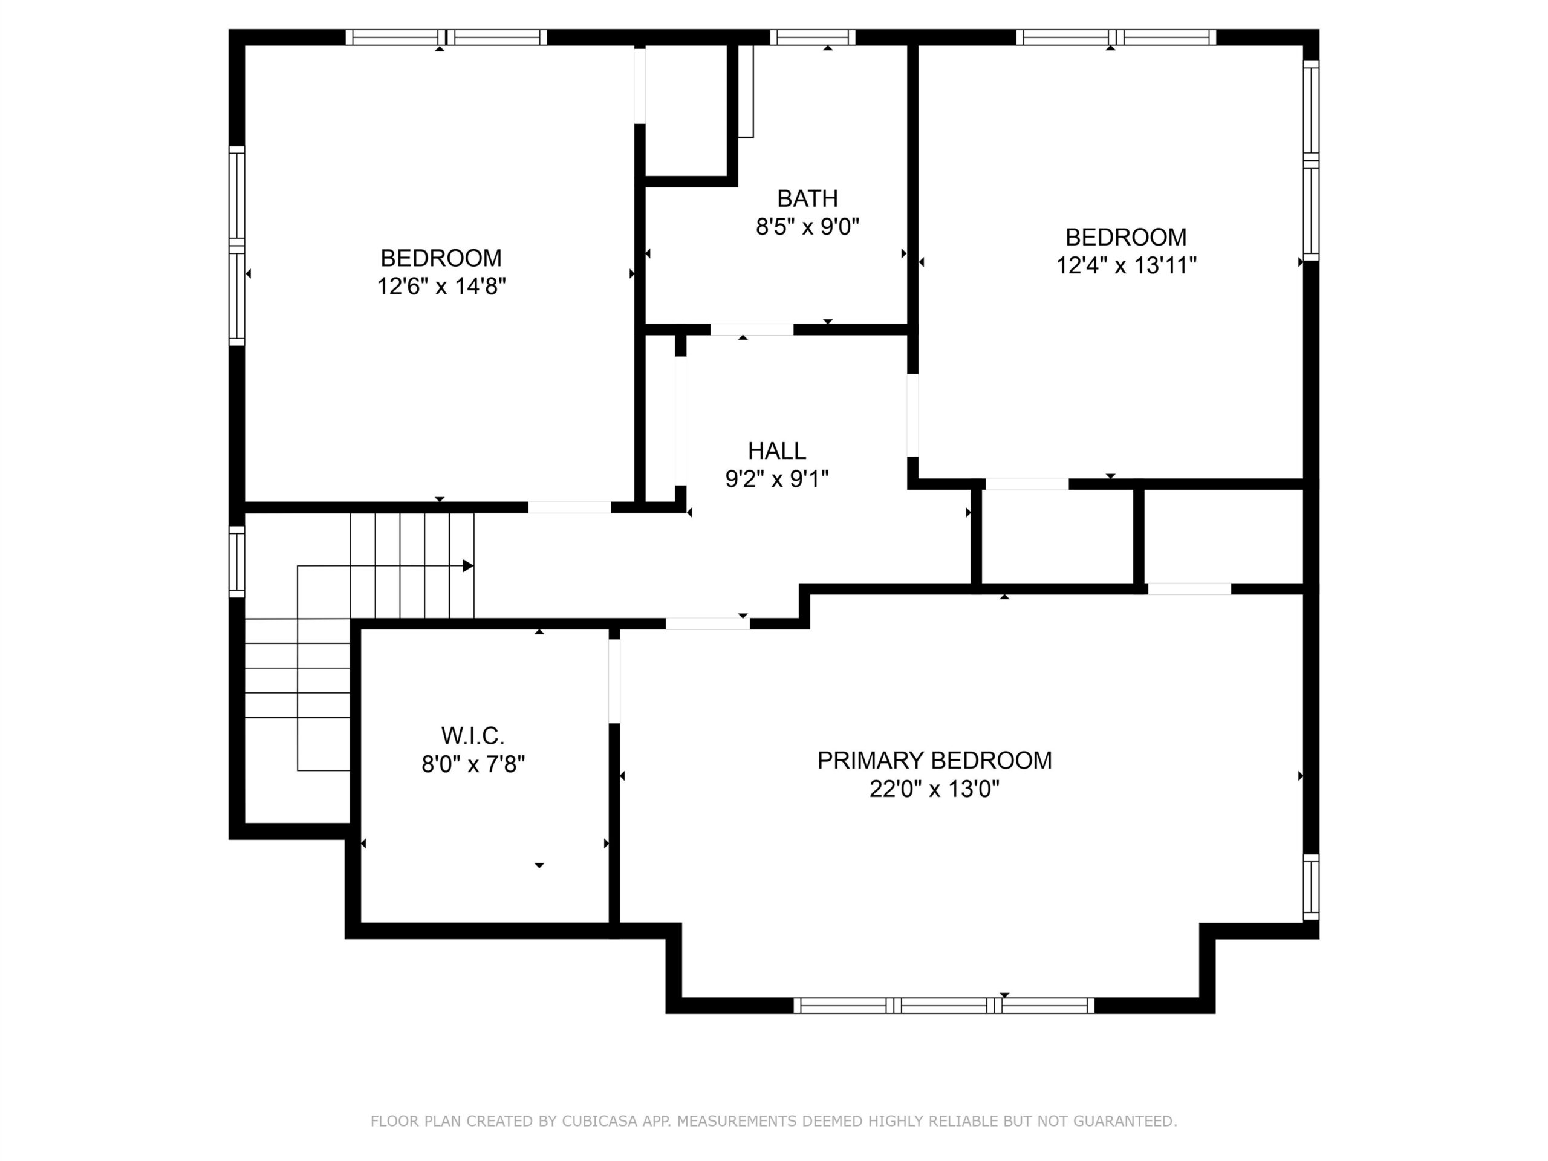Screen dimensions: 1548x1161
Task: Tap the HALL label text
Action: click(x=777, y=450)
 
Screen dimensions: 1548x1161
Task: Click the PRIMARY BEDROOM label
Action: click(x=934, y=761)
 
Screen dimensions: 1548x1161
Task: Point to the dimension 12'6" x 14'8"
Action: click(x=441, y=286)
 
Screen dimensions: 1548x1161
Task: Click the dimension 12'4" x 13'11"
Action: click(x=1126, y=266)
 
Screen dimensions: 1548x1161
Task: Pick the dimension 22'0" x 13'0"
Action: click(x=934, y=789)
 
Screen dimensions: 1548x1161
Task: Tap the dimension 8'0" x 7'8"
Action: click(x=472, y=764)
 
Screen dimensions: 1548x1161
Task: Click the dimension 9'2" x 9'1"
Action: click(x=777, y=480)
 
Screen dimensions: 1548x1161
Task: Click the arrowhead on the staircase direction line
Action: click(x=468, y=565)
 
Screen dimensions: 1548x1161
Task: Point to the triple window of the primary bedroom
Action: click(x=944, y=1006)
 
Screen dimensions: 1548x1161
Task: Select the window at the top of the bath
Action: click(x=813, y=37)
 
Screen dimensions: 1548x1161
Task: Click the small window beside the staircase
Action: click(x=237, y=562)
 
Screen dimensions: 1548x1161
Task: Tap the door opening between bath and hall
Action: click(x=752, y=330)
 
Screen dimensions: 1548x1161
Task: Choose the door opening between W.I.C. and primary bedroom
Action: click(x=614, y=681)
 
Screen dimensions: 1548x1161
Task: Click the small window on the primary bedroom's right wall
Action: click(x=1311, y=886)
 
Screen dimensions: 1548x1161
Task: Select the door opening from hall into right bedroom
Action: click(x=912, y=415)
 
